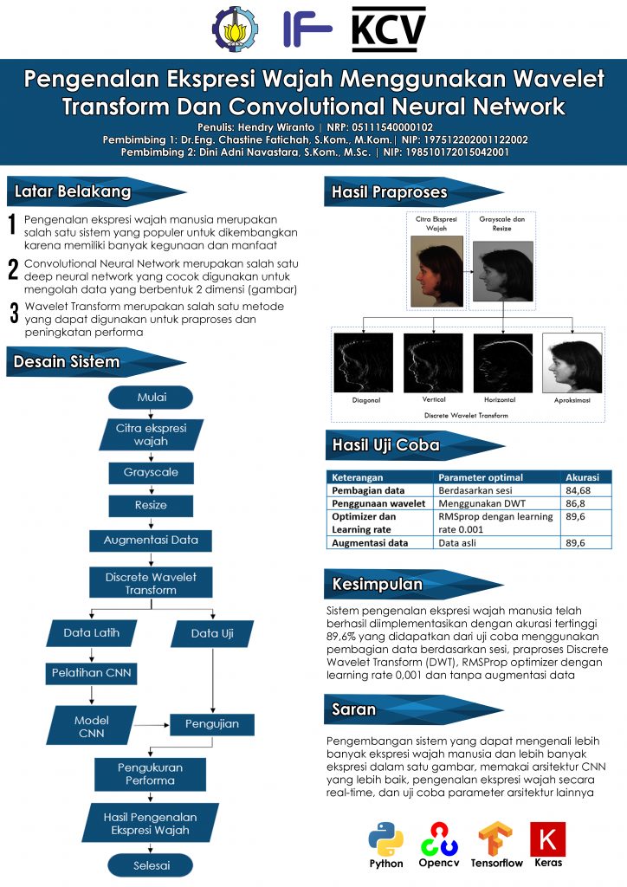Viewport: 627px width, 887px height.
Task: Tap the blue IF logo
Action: pos(307,29)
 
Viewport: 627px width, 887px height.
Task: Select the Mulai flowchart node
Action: pos(151,398)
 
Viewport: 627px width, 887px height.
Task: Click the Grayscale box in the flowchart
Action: pos(151,473)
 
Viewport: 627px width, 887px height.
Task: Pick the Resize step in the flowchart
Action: pos(151,504)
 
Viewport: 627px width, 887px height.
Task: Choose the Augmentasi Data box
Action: pos(151,540)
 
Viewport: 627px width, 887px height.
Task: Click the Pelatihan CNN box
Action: pos(91,672)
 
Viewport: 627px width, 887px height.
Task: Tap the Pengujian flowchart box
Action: pos(211,723)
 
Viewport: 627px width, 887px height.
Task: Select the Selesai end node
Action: pos(151,864)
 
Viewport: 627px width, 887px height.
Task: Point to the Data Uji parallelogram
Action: pos(212,633)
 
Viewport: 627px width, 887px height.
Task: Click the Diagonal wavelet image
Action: pos(363,363)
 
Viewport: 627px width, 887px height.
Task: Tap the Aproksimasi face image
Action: pos(572,363)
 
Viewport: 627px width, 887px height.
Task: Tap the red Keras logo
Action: pos(547,838)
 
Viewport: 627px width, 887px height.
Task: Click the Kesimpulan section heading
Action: pos(378,585)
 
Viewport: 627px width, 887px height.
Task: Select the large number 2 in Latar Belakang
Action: pos(13,269)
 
